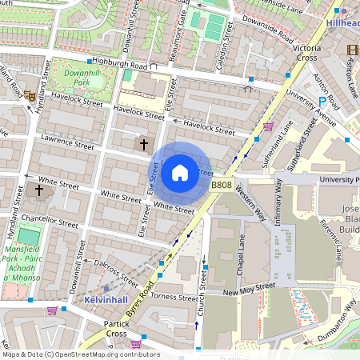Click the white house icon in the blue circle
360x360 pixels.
click(180, 172)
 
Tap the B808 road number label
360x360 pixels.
click(222, 186)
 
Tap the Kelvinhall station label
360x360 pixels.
click(106, 299)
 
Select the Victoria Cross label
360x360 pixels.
click(308, 53)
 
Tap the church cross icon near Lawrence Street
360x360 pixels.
click(144, 145)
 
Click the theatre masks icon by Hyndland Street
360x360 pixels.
click(30, 95)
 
